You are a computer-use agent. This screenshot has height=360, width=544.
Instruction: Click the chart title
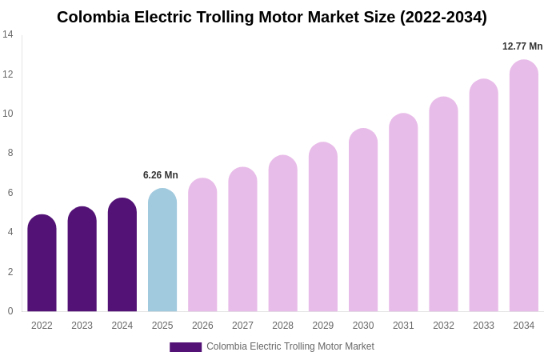[271, 17]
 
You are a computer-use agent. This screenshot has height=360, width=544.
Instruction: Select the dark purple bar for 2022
[42, 264]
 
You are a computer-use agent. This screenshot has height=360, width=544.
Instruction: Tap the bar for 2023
[82, 260]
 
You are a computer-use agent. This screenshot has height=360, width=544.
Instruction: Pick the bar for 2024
[122, 256]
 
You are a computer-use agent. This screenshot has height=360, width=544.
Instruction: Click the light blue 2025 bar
[162, 251]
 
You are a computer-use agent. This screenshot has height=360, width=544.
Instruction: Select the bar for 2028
[282, 234]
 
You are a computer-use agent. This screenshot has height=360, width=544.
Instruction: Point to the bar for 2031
[403, 214]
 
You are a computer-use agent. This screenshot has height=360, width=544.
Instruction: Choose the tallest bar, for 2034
[524, 186]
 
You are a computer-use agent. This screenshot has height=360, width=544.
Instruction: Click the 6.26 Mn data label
[161, 175]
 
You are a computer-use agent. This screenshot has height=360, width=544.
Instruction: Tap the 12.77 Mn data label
[522, 46]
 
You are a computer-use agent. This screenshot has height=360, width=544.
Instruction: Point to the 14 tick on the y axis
[8, 34]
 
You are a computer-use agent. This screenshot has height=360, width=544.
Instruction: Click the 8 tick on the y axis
[10, 153]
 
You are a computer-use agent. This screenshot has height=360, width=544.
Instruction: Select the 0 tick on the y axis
[10, 311]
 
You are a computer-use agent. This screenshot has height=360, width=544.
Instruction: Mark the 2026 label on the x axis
[202, 326]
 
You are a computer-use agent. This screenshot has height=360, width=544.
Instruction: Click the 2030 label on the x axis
[363, 326]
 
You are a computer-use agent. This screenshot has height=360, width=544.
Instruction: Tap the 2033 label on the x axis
[483, 326]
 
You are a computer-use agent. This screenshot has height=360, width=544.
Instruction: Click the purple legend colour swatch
[186, 347]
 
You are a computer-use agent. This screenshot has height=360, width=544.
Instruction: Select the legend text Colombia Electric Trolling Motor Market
[290, 346]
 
